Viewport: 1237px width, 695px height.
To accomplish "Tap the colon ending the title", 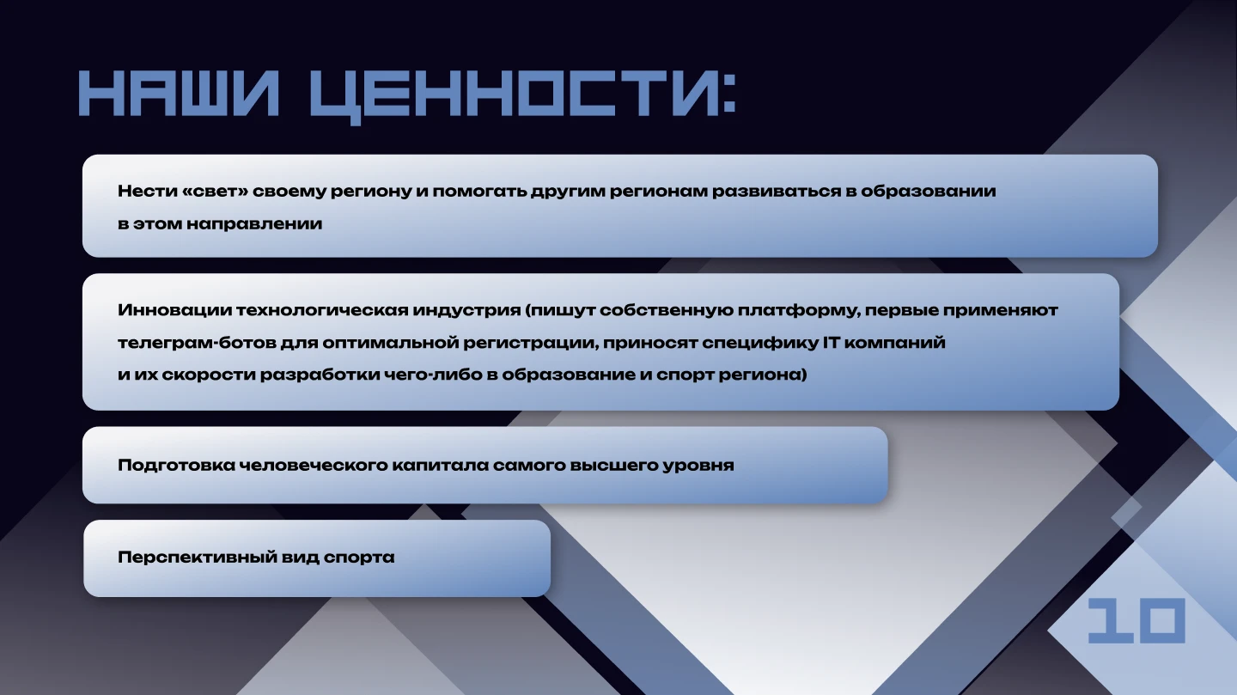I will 728,94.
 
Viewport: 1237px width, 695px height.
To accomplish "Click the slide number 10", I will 1136,620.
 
